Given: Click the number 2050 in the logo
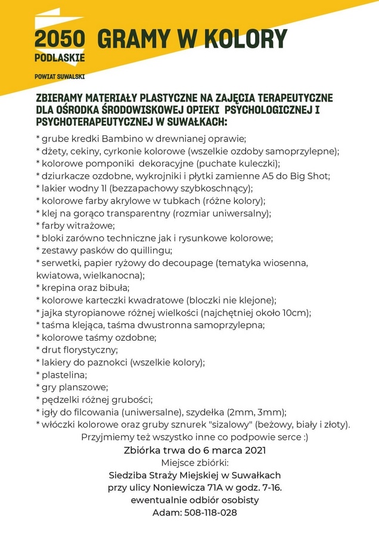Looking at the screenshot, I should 60,40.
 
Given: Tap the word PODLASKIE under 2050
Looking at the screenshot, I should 60,58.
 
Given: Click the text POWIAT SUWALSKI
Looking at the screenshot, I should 60,77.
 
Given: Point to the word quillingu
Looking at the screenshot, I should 151,250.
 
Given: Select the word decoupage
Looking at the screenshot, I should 190,263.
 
